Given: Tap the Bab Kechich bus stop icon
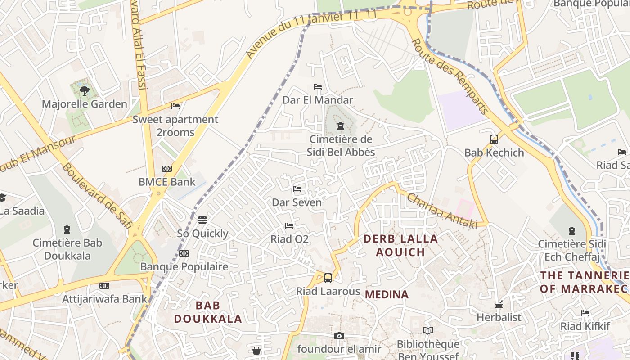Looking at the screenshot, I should [494, 139].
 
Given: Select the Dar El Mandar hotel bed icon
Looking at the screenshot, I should [318, 87].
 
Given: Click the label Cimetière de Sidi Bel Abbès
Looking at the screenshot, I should [341, 146].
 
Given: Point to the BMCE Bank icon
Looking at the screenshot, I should [167, 169].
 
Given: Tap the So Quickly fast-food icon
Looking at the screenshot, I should [202, 220].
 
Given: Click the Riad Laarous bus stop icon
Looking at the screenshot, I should [328, 278].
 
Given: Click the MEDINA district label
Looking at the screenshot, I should [387, 295].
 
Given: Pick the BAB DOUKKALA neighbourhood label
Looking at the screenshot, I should [208, 312].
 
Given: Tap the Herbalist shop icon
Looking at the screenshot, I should [499, 305].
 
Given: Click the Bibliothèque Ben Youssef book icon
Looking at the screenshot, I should [428, 331].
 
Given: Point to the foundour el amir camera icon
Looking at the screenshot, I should [339, 336].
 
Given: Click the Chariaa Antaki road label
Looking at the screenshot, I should [441, 211].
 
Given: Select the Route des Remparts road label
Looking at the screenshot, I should [450, 76].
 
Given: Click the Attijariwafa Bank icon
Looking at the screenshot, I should [104, 286].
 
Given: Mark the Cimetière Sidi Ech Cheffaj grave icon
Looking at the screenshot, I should [572, 231].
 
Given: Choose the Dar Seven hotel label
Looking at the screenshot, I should [297, 202].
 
